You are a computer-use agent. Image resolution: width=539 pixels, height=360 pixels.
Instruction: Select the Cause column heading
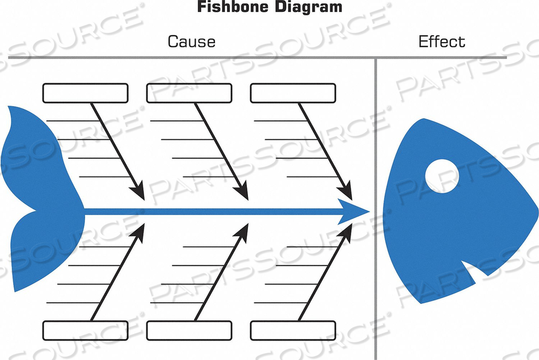pos(191,41)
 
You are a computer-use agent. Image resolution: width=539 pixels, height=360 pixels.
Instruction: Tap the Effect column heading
pos(441,41)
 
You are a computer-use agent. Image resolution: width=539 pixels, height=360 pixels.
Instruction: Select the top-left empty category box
pos(86,93)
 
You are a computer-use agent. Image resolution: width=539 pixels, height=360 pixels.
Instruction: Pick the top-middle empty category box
pos(189,93)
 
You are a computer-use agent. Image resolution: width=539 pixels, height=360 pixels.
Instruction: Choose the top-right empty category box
pos(293,93)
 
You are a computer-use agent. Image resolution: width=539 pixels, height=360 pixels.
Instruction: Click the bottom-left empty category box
pos(86,330)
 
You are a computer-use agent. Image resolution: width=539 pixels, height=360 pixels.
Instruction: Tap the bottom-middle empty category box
pos(189,330)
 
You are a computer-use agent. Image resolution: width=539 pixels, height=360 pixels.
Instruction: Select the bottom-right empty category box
pos(293,330)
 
